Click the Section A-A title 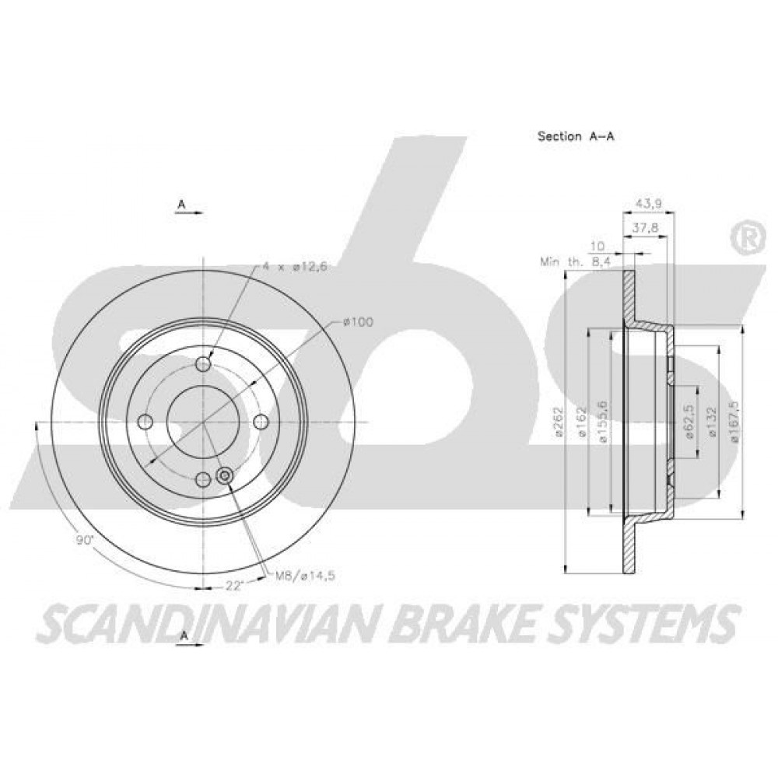coord(576,136)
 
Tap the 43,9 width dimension coord(649,203)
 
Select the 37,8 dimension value coord(645,228)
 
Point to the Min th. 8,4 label coord(576,262)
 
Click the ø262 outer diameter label coord(559,422)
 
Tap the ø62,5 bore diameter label coord(689,421)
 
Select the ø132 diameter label coord(713,422)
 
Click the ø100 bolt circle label coord(358,322)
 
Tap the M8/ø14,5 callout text coord(305,576)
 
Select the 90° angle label coord(85,541)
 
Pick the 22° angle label coord(233,586)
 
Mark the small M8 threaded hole coord(225,476)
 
